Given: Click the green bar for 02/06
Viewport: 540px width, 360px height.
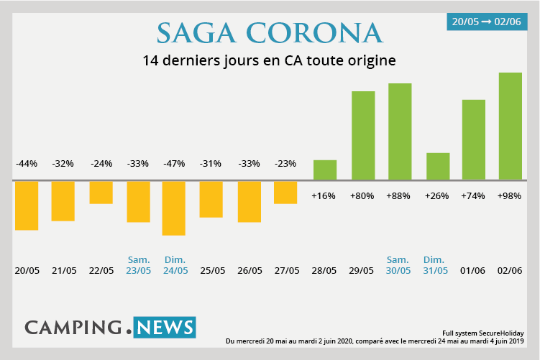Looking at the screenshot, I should tap(510, 126).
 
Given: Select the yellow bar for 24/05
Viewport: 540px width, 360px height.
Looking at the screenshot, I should tap(173, 208).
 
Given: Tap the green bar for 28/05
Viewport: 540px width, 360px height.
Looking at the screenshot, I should tap(325, 170).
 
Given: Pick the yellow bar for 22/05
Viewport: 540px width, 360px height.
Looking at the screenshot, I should tap(101, 193).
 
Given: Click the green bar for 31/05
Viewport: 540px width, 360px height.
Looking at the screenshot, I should tap(438, 166).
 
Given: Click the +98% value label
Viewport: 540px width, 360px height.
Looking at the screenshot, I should tap(510, 195).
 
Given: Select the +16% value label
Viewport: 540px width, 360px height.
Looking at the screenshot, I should tap(324, 195).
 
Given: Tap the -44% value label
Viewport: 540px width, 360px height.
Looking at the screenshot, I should tap(27, 163).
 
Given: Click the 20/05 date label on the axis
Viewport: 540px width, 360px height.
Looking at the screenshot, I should tap(27, 270).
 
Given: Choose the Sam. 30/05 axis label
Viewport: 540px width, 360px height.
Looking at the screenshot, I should tap(398, 265).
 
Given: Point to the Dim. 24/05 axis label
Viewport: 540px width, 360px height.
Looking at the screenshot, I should tap(175, 265).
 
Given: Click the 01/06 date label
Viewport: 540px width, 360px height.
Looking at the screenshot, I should tap(472, 270).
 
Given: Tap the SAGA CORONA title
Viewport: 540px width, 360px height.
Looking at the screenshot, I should tap(270, 32).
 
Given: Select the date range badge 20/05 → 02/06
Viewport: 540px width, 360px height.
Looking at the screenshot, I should tap(487, 22).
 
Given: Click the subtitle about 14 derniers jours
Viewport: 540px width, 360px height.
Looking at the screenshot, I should tap(270, 60).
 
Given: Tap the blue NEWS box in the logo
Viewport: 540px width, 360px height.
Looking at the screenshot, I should tap(164, 328).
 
